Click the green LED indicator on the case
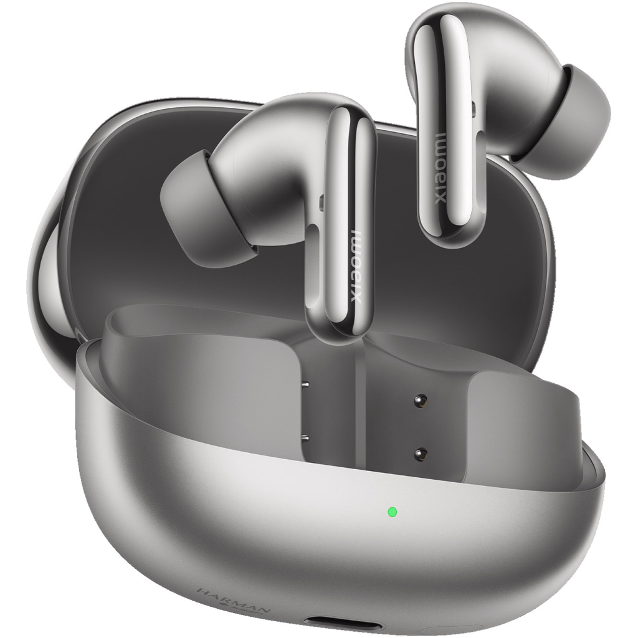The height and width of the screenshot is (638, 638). click(x=392, y=512)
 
